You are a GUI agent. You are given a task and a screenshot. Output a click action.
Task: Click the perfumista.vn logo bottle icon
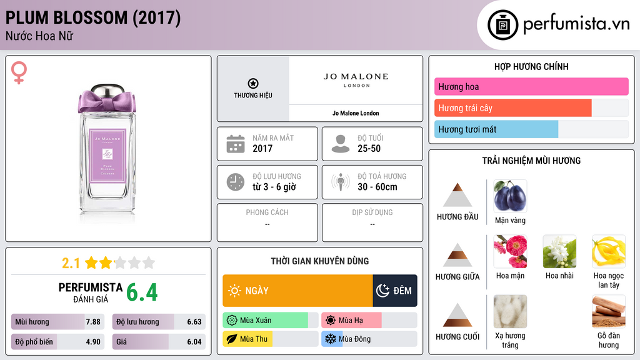click(x=504, y=25)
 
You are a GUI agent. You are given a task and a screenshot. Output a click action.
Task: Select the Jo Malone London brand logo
click(x=356, y=80)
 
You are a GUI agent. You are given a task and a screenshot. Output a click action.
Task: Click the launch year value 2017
click(x=262, y=149)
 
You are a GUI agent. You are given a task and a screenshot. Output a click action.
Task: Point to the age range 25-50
click(x=369, y=149)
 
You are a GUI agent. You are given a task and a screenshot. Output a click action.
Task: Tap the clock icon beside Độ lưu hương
click(x=236, y=182)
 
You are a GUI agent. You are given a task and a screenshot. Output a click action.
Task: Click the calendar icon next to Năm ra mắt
click(x=236, y=144)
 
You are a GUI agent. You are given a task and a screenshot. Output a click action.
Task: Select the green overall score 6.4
click(x=142, y=292)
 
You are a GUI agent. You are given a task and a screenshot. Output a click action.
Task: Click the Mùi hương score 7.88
click(x=92, y=322)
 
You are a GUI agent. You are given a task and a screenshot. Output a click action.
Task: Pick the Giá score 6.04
click(x=194, y=342)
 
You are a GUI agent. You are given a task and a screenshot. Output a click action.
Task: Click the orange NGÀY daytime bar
click(x=297, y=291)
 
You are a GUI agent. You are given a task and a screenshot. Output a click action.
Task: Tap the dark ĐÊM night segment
click(x=395, y=291)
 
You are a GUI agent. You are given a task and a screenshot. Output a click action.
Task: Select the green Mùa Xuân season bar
click(x=265, y=321)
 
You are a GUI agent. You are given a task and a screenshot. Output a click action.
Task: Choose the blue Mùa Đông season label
click(x=354, y=339)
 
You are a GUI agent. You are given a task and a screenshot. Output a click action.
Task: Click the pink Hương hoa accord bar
click(x=531, y=87)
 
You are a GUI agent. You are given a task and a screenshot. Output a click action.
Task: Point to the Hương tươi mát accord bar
click(x=496, y=129)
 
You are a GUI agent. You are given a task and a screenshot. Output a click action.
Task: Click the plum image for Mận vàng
click(x=510, y=196)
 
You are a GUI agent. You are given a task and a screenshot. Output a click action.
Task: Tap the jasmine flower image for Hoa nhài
click(x=559, y=251)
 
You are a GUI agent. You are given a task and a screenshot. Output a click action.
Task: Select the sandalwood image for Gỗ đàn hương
click(x=608, y=311)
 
